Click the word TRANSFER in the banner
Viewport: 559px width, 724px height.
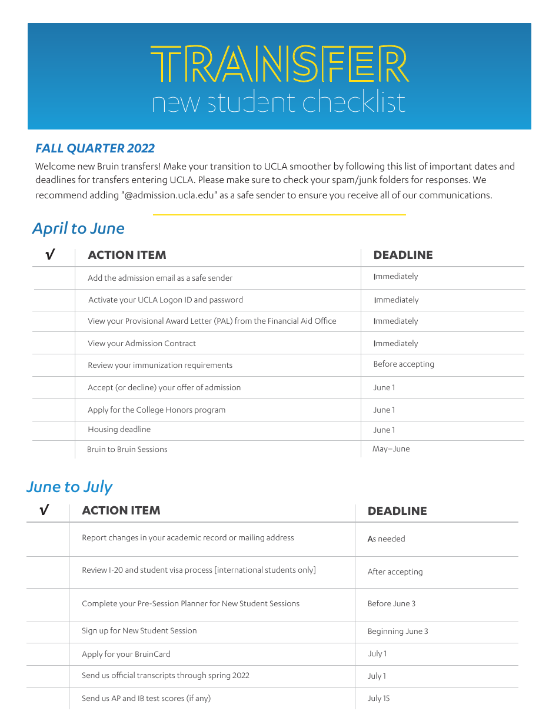[279, 65]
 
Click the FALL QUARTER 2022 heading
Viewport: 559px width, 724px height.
[95, 148]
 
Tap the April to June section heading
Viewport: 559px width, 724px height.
[78, 228]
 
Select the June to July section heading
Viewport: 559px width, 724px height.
[69, 487]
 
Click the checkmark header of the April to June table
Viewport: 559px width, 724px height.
[51, 255]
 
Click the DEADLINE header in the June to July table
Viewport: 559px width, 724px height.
[397, 511]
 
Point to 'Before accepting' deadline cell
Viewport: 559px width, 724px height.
[404, 364]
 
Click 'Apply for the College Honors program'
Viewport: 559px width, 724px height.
[157, 410]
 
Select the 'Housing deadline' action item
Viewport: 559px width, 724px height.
[119, 430]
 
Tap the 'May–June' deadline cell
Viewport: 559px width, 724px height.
[391, 449]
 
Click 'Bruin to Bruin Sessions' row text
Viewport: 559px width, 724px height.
[127, 450]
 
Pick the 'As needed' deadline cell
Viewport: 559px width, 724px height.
[386, 539]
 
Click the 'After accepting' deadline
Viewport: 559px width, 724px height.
[395, 572]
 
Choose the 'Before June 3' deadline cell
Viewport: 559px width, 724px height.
[391, 604]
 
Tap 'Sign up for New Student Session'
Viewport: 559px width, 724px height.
[139, 631]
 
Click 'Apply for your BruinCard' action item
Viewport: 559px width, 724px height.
[126, 654]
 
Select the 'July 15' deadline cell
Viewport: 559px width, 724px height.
[378, 699]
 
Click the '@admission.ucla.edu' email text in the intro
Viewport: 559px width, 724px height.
[169, 195]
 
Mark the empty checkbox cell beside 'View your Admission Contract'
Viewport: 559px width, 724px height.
[54, 343]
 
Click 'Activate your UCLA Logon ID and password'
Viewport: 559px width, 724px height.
[165, 300]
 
